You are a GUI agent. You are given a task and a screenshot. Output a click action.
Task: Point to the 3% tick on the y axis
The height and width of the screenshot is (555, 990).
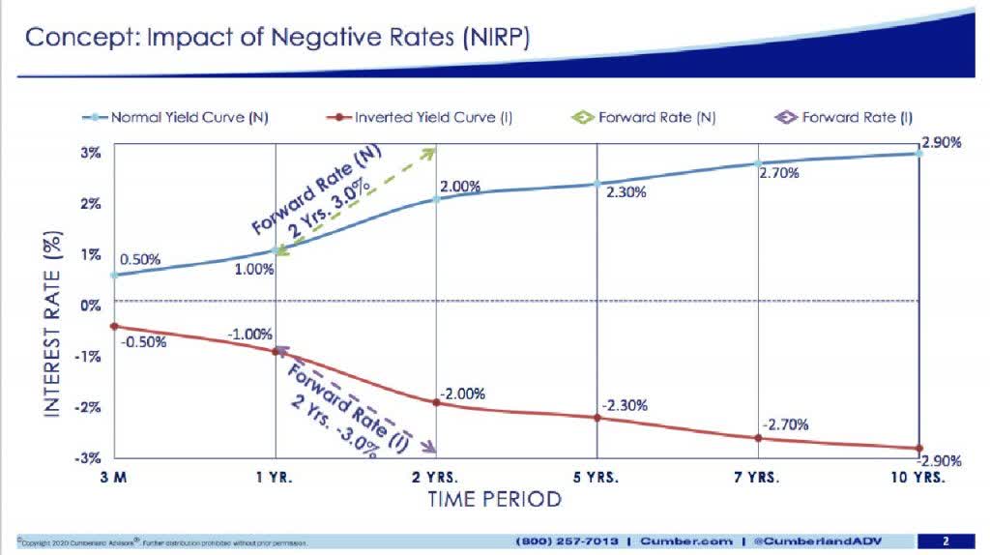pos(90,153)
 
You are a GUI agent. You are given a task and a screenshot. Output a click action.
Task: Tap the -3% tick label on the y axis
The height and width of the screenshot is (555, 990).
pos(88,457)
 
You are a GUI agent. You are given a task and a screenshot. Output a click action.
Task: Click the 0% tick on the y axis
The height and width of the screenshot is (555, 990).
pos(90,306)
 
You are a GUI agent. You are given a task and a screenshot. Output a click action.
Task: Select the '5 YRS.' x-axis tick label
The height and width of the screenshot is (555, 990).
pos(597,478)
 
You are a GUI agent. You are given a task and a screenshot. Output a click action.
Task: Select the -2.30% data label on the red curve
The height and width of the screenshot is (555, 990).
pos(628,405)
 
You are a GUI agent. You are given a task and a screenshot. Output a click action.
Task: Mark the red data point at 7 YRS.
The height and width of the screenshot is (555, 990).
pos(758,438)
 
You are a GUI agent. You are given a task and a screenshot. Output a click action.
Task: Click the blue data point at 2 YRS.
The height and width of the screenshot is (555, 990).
pos(436,199)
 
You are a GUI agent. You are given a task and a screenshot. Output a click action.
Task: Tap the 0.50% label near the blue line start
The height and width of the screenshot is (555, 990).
pos(140,260)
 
